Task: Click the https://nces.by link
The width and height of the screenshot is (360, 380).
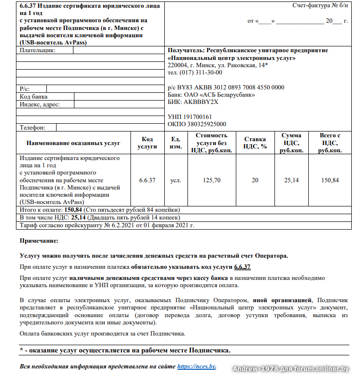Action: [196, 366]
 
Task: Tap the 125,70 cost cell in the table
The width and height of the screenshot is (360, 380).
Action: [211, 180]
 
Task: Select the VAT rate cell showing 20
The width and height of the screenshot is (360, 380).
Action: [255, 180]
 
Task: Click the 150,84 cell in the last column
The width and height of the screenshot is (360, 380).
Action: [330, 180]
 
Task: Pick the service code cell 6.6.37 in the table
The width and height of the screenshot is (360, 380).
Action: [147, 180]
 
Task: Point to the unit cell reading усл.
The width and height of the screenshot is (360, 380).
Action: [176, 180]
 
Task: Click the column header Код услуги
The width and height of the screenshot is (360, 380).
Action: [147, 143]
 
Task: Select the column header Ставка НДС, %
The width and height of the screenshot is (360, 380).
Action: [255, 143]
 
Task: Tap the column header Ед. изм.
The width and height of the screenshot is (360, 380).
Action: [176, 143]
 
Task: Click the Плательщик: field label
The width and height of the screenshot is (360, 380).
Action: [38, 50]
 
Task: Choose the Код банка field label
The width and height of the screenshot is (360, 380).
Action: [34, 97]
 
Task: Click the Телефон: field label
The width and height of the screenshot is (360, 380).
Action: [32, 128]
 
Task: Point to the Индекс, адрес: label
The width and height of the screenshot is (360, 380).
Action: [40, 104]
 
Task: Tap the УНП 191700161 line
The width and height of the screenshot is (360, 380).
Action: [189, 117]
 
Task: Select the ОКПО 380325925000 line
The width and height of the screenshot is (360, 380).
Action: [197, 124]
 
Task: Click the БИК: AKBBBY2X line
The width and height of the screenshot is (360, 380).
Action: [193, 102]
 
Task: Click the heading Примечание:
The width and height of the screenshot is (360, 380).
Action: [39, 240]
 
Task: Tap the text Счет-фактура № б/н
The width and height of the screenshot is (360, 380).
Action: [319, 6]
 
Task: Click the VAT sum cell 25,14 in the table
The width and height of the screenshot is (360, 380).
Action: [291, 180]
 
